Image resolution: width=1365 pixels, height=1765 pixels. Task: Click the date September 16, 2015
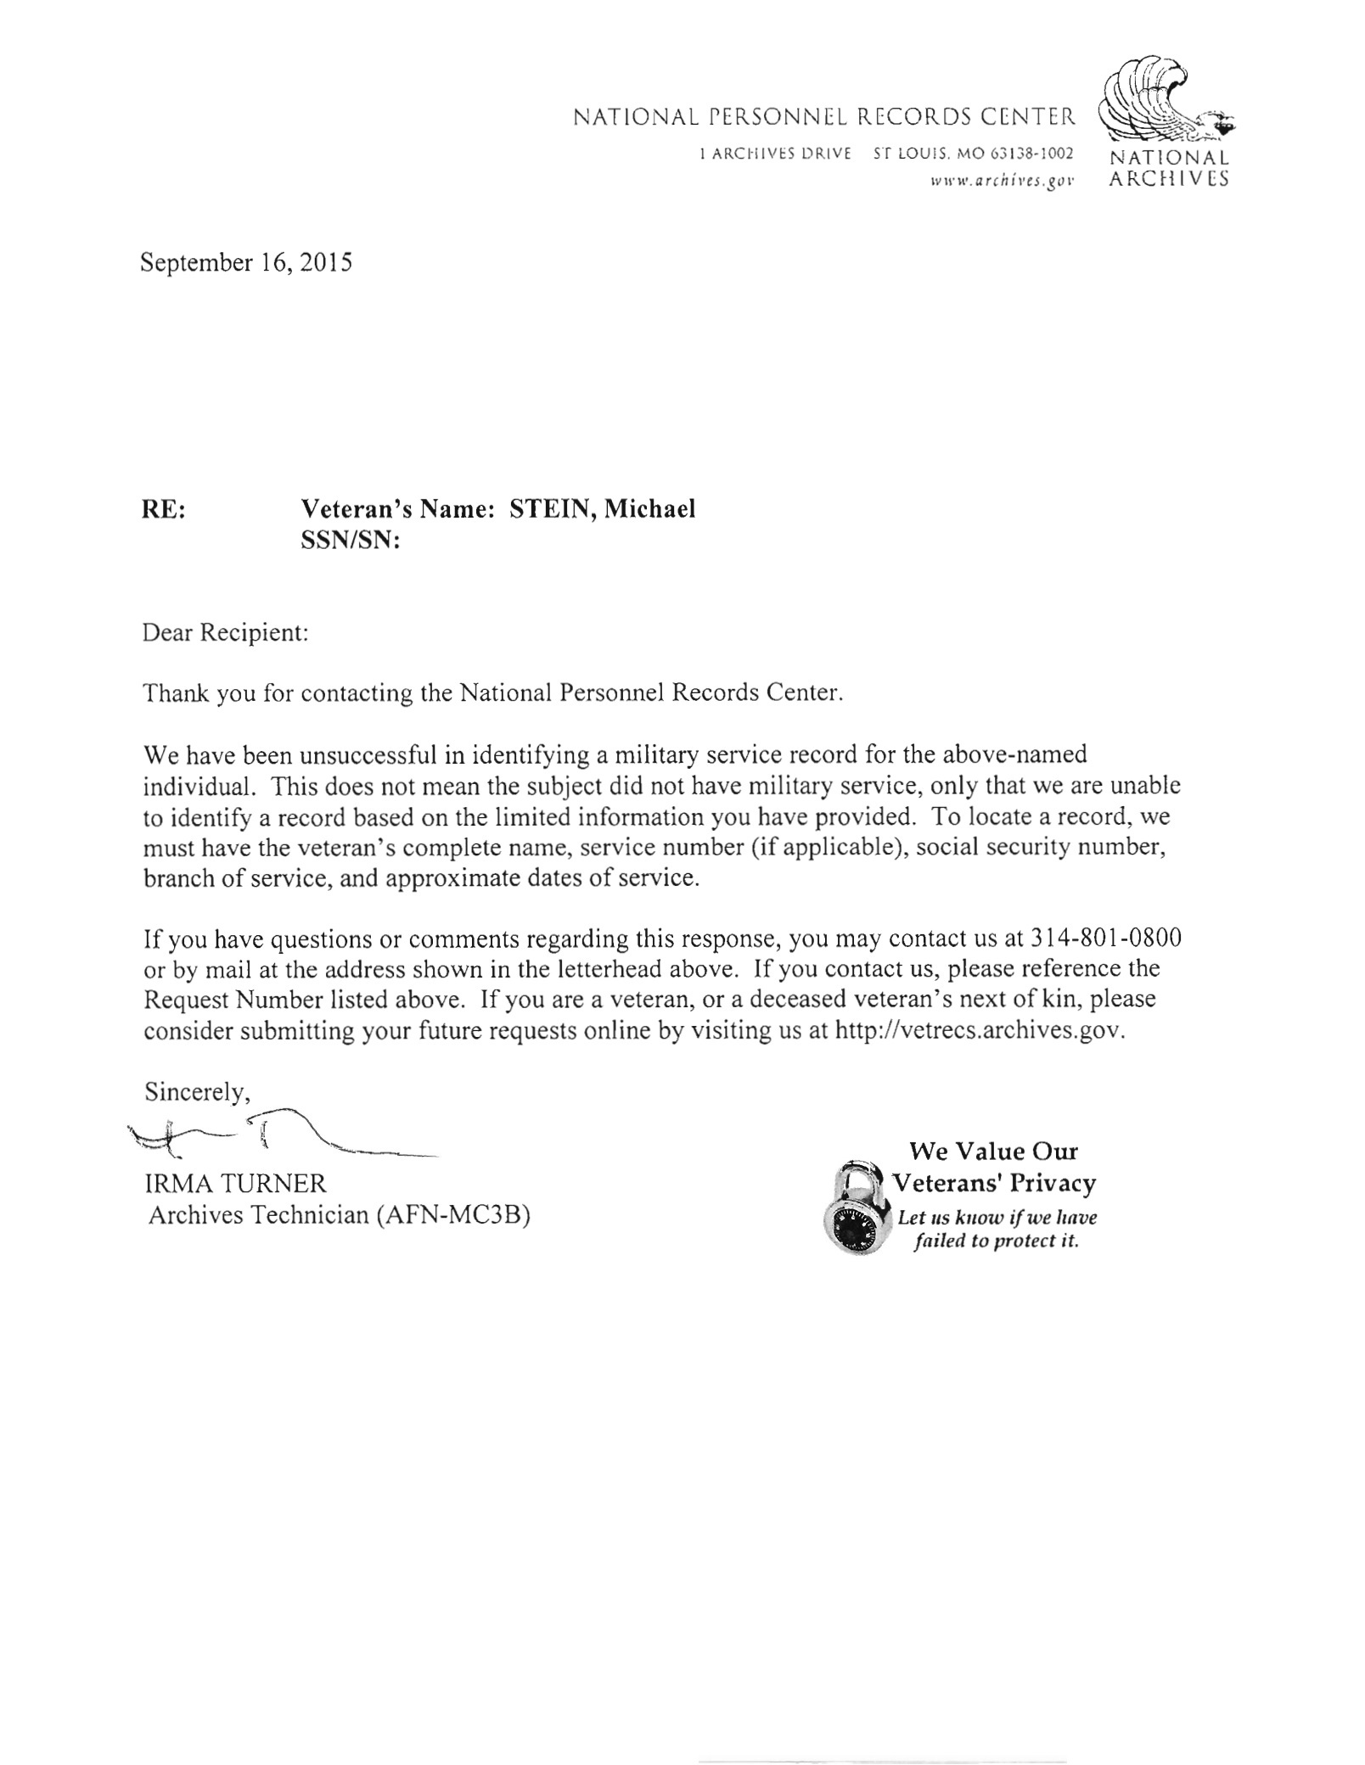tap(246, 263)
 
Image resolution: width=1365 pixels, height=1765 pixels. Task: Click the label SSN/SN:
tap(351, 541)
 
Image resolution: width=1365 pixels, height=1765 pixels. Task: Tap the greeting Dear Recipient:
tap(225, 633)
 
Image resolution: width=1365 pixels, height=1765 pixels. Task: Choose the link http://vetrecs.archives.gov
tap(980, 1031)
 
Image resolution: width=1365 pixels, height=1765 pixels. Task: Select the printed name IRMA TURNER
tap(235, 1184)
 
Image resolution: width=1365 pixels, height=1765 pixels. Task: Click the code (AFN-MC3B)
tap(450, 1215)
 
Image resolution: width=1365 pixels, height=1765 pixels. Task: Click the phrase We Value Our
tap(993, 1151)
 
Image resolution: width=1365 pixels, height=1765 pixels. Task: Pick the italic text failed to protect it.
tap(996, 1241)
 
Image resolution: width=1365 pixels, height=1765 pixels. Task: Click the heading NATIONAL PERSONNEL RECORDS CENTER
tap(824, 116)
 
